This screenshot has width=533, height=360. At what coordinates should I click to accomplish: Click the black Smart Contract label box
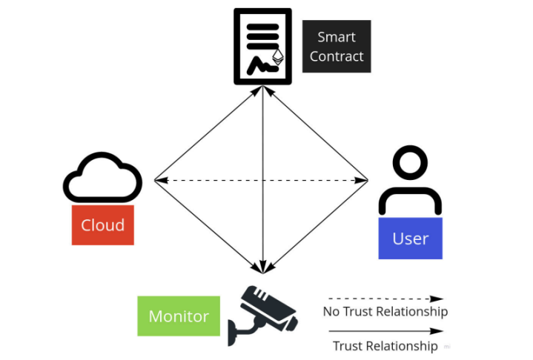337,46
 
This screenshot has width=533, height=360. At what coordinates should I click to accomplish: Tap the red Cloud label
103,225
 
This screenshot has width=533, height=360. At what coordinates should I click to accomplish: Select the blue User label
410,239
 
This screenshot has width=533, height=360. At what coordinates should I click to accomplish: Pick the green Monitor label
179,316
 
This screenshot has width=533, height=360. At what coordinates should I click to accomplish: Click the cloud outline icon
103,178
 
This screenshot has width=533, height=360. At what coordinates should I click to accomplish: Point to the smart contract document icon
262,46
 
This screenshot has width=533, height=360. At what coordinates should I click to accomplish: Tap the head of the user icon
410,164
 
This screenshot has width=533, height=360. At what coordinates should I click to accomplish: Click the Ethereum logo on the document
279,59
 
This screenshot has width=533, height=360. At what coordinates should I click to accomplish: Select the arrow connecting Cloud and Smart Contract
208,133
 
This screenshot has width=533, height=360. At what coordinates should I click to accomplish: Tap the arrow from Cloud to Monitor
208,226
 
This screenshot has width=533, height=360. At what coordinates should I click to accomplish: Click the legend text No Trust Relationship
385,311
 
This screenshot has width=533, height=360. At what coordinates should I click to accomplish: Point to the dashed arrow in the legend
385,299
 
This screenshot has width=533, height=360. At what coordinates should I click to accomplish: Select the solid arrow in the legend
385,331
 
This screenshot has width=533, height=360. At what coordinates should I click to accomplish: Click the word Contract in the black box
337,56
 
